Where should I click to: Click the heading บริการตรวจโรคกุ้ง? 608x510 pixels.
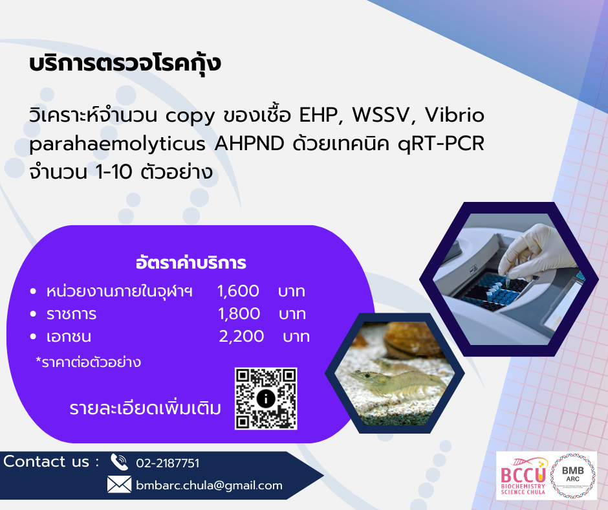click(x=125, y=63)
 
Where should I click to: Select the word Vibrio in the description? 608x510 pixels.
click(x=455, y=115)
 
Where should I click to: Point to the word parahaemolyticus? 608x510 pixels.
click(x=118, y=144)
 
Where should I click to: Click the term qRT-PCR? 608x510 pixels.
click(x=441, y=144)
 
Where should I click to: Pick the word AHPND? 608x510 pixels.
click(x=249, y=143)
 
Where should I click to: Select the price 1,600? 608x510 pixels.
click(x=238, y=291)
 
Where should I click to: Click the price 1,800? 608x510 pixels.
click(x=239, y=314)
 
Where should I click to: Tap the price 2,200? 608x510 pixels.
click(x=241, y=336)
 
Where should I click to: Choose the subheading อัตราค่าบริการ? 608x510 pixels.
click(x=191, y=263)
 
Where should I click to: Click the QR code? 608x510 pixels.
click(x=266, y=399)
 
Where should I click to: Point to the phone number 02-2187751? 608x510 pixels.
click(x=168, y=463)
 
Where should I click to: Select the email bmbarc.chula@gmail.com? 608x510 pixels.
click(x=209, y=485)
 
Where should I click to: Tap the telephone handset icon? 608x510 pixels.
click(x=119, y=462)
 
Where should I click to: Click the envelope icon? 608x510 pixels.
click(x=119, y=485)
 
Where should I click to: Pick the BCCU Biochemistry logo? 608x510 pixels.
click(x=523, y=476)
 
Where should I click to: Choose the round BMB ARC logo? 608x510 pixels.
click(x=572, y=476)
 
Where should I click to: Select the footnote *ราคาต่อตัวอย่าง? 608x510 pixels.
click(x=88, y=362)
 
